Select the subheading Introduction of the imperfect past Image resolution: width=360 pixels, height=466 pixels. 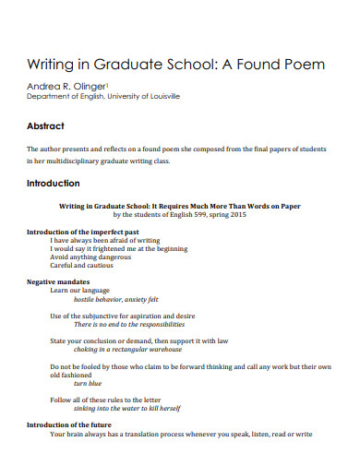tap(83, 231)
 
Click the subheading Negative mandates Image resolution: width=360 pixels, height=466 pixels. tap(58, 281)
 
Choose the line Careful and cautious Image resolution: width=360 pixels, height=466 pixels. tap(82, 265)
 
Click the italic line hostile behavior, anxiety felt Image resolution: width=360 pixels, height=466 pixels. tap(115, 299)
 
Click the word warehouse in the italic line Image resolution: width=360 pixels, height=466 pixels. tap(192, 351)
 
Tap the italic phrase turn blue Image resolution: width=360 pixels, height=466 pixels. tap(88, 383)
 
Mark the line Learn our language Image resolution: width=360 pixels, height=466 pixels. tap(79, 290)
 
